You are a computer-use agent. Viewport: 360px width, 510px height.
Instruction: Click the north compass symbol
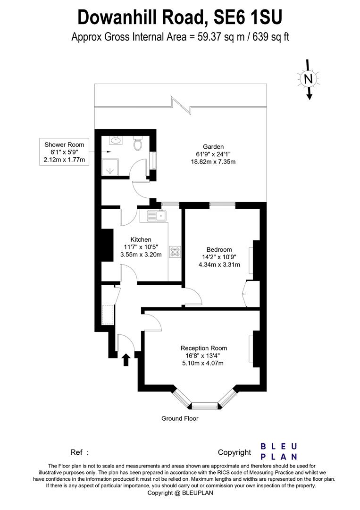pos(309,79)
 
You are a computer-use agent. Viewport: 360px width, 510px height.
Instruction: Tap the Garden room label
pos(213,146)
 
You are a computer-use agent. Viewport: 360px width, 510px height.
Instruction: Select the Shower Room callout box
pos(64,152)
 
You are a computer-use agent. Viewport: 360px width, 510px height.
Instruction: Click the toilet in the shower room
pos(138,143)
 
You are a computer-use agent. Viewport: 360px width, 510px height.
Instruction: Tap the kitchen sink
pos(156,216)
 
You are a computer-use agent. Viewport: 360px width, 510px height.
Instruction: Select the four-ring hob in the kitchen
pos(176,252)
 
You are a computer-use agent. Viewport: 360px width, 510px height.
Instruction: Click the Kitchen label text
pos(141,239)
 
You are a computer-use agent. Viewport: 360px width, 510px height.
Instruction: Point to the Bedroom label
pos(219,249)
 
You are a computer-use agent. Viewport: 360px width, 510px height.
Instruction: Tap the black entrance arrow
pos(126,360)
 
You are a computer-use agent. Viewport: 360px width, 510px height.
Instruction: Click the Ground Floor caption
pos(180,418)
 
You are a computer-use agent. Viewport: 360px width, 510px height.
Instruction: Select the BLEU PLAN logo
pos(279,451)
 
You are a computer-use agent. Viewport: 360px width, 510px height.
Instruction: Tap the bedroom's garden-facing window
pos(222,205)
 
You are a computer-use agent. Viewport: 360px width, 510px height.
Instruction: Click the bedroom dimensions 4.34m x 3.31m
pos(219,264)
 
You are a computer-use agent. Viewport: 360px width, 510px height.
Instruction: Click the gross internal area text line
pos(180,37)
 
